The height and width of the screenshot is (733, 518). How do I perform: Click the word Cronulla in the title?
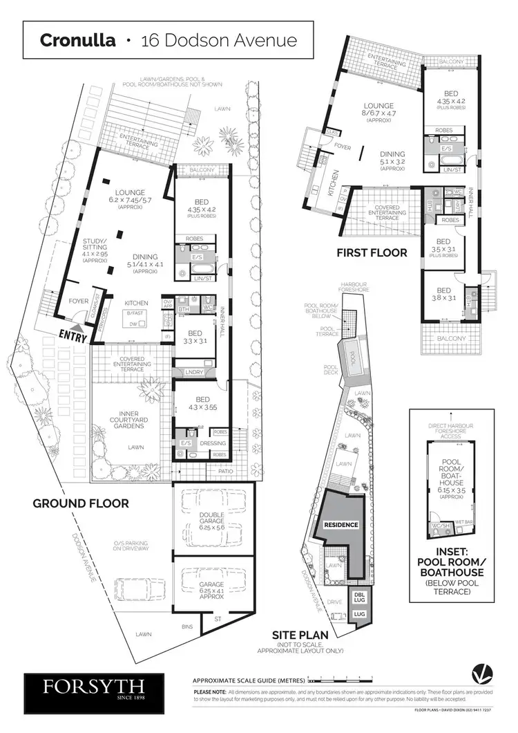tap(78, 39)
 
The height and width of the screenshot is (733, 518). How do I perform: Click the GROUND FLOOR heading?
tap(81, 503)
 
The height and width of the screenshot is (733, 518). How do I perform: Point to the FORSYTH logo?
tap(94, 687)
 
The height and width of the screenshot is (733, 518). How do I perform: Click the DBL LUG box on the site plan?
tap(359, 596)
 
